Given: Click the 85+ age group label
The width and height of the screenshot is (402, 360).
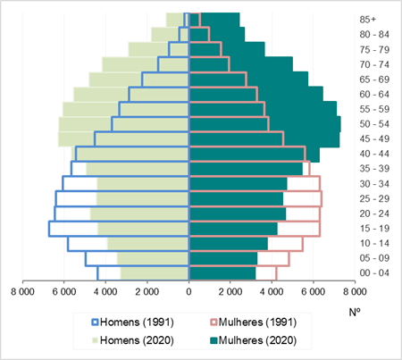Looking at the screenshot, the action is click(368, 20).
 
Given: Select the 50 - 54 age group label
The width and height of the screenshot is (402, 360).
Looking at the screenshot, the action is click(374, 124).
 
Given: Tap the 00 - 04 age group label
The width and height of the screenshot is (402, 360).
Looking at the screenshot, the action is click(374, 272).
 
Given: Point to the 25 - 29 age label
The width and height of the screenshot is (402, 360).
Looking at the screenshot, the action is click(374, 198).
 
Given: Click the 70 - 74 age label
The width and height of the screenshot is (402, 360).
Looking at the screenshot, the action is click(374, 64).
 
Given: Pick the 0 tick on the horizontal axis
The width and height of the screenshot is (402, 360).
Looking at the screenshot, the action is click(188, 291).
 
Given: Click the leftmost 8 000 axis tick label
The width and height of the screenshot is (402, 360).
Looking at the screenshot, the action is click(22, 291).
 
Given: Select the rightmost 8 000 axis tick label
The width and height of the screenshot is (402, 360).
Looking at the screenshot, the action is click(355, 291).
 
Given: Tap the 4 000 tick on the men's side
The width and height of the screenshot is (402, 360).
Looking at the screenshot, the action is click(105, 291).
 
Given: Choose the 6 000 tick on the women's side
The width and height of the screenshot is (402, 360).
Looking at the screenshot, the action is click(313, 291).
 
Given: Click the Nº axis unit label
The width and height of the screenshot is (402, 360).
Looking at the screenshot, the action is click(355, 312).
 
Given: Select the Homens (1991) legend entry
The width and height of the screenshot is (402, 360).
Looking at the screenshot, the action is click(133, 322).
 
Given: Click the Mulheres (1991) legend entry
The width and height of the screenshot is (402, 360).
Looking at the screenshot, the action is click(254, 322).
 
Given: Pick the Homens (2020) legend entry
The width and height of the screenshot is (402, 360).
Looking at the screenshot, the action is click(133, 340).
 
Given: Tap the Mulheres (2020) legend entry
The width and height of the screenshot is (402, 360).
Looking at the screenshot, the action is click(254, 340).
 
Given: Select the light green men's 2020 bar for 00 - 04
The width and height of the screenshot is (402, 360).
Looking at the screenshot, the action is click(155, 273).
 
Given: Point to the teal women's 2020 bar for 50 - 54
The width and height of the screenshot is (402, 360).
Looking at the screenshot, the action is click(265, 124).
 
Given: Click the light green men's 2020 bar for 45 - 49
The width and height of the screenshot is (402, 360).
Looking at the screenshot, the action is click(123, 139).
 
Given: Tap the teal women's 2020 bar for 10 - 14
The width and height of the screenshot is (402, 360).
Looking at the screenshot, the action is click(229, 244).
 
